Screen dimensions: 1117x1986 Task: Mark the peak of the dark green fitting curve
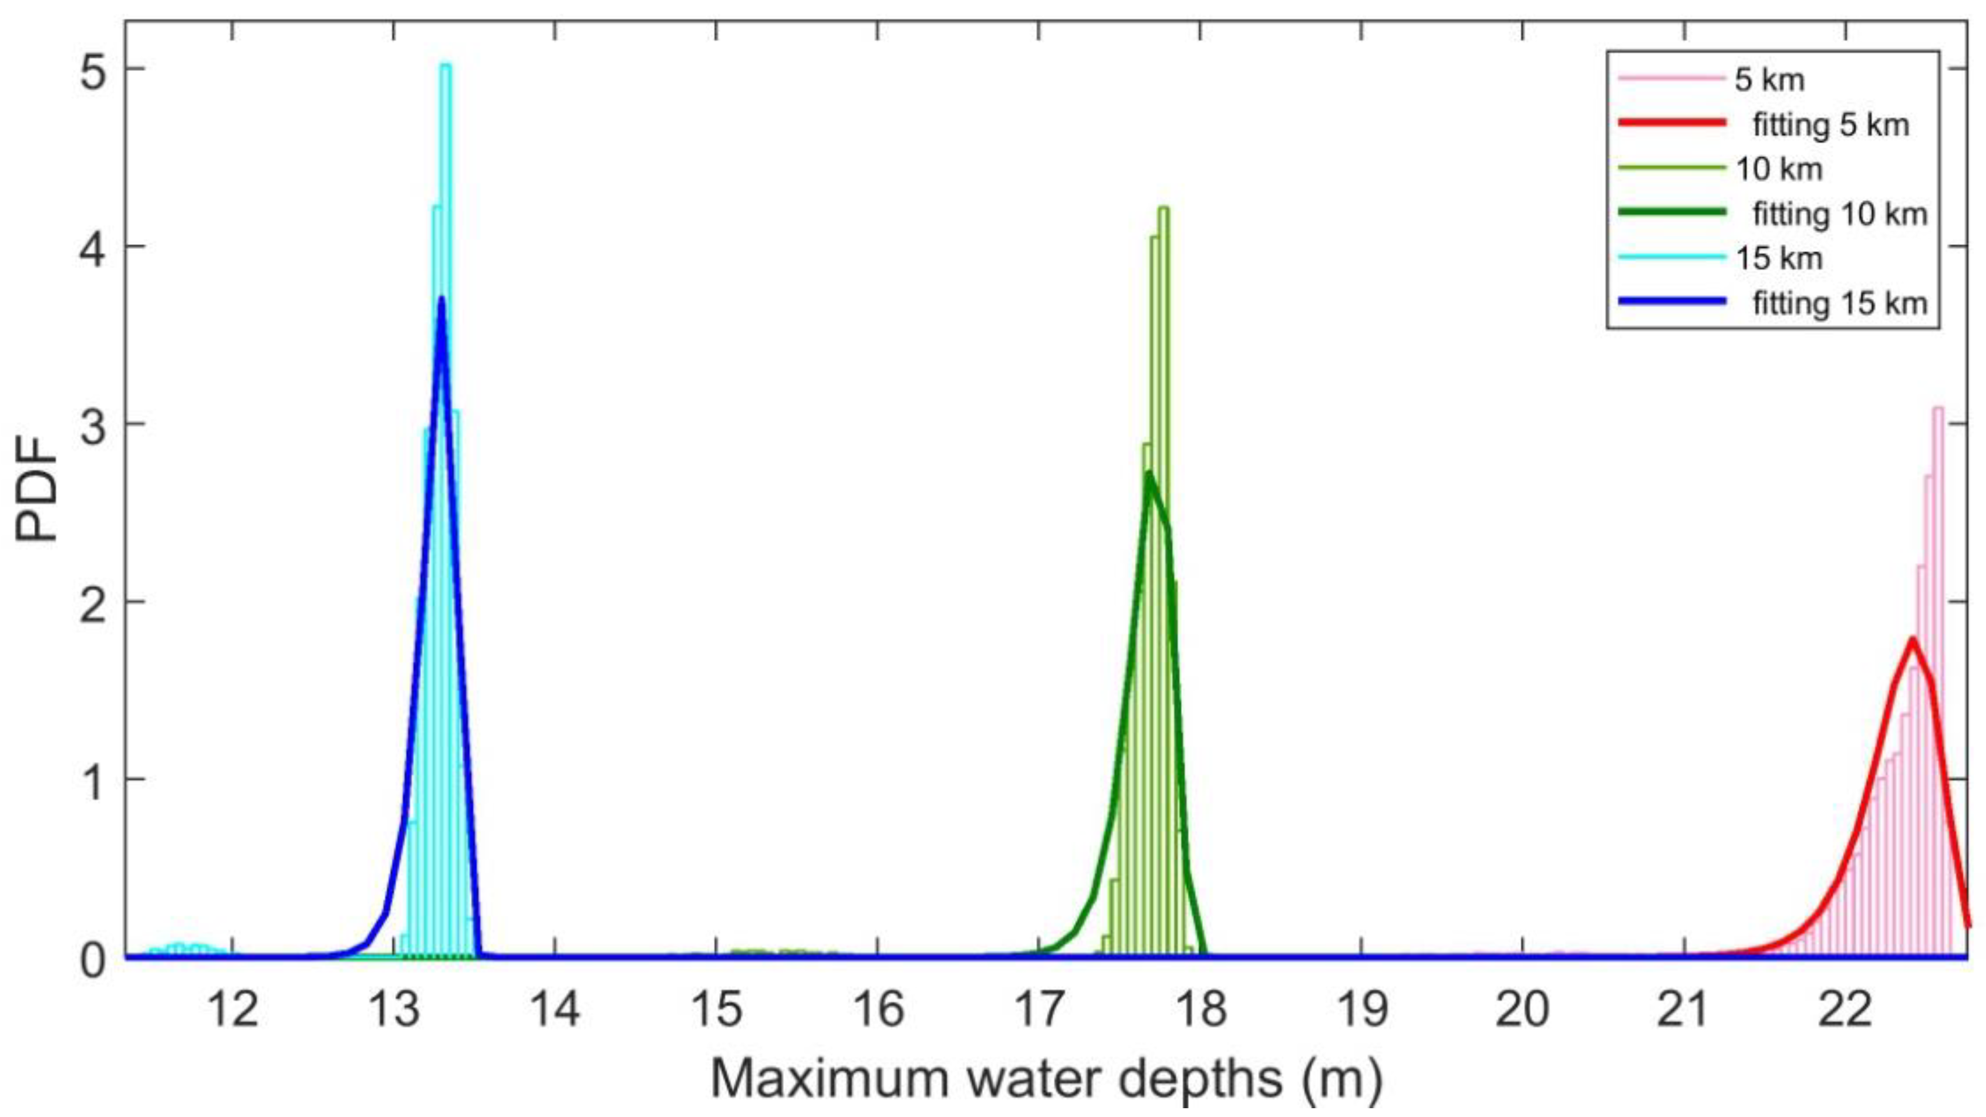[x=1149, y=473]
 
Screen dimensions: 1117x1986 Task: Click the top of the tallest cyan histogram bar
[x=445, y=66]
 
